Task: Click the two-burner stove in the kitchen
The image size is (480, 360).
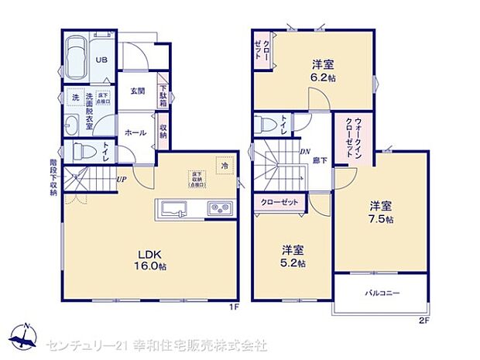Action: click(x=216, y=209)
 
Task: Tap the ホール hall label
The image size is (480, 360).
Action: click(x=136, y=132)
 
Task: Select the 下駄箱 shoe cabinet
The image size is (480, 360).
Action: click(x=163, y=95)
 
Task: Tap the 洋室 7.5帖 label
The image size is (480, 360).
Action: click(x=380, y=212)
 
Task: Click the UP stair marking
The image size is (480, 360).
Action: click(x=122, y=180)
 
